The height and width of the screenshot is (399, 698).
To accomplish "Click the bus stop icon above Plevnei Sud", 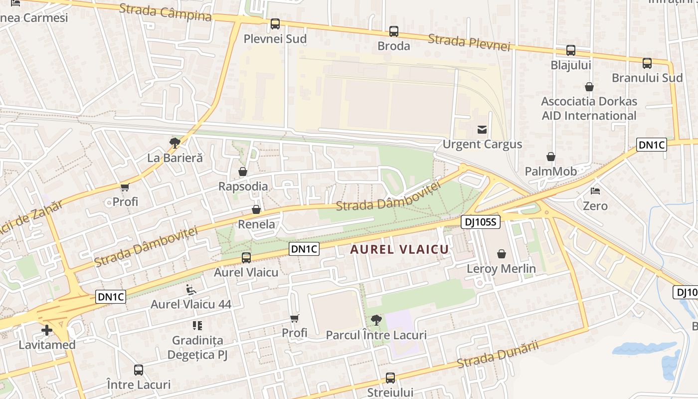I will click(x=275, y=24).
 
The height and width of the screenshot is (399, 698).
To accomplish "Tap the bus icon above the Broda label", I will click(x=394, y=31).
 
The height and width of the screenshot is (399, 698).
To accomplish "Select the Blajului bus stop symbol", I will click(x=570, y=50).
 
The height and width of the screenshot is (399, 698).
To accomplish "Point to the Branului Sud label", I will click(x=647, y=78).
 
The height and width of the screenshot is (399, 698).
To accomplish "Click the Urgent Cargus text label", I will click(x=482, y=145).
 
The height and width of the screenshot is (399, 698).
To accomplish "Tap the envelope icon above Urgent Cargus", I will click(x=482, y=130).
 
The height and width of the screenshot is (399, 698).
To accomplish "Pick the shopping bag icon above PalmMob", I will click(x=550, y=157).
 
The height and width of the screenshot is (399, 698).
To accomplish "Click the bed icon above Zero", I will click(x=595, y=191).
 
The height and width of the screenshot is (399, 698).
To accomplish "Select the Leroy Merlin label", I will click(x=501, y=269).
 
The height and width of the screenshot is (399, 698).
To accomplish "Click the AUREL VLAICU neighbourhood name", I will click(x=399, y=249).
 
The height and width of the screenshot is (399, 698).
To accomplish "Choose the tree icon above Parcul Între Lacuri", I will click(x=376, y=320).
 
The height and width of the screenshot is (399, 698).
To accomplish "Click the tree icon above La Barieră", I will click(x=174, y=143).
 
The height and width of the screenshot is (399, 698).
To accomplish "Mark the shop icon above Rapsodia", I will click(x=243, y=172).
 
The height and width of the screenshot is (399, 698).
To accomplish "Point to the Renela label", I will click(x=256, y=224).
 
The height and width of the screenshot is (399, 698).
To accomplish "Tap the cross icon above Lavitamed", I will click(x=47, y=330).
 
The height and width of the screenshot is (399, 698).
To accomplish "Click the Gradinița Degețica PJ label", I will click(x=197, y=348).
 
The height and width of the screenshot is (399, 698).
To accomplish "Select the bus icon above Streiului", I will click(x=390, y=378).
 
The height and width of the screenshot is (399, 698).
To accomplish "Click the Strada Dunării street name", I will click(x=498, y=355).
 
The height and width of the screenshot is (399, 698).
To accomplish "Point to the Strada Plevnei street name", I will click(x=469, y=42).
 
